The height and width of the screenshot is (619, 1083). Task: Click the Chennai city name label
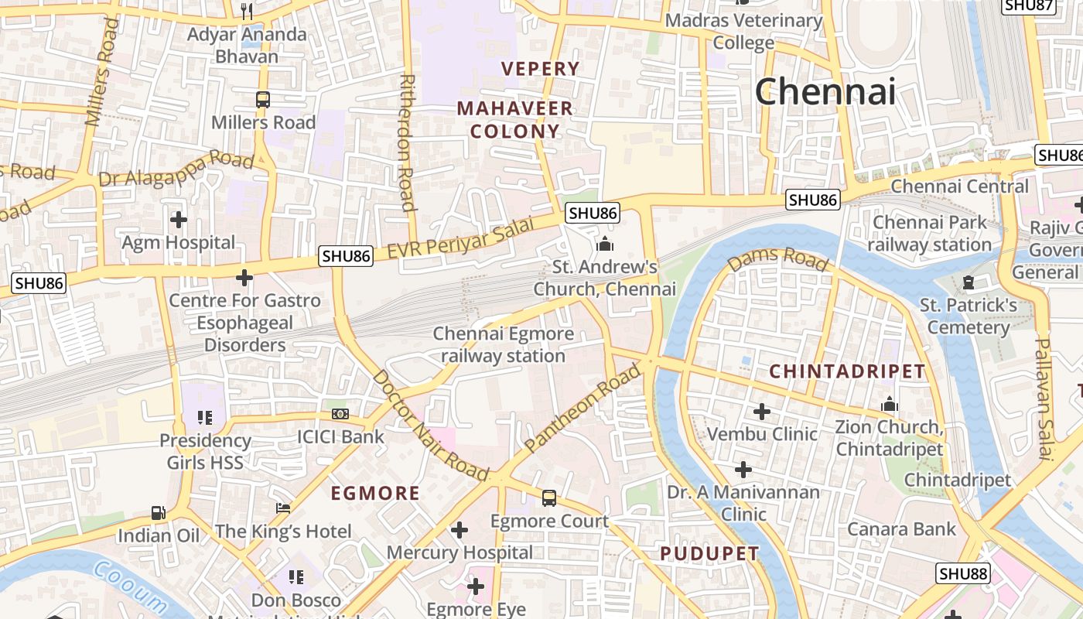[x=825, y=91]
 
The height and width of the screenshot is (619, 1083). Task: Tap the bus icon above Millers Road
[x=263, y=99]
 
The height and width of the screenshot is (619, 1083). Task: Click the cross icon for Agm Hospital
[x=179, y=220]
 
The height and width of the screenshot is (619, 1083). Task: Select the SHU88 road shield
[x=963, y=573]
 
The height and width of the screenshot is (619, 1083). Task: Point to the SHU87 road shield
[x=1028, y=5]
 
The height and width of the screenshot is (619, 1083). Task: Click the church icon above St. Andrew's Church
[x=605, y=245]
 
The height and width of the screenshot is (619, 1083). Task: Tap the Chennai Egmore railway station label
[x=503, y=345]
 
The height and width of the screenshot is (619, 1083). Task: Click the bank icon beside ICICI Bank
[x=340, y=414]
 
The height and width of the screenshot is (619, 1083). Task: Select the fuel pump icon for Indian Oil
[x=158, y=512]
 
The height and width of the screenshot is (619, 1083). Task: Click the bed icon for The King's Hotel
[x=283, y=508]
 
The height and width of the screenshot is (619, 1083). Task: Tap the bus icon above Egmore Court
[x=549, y=498]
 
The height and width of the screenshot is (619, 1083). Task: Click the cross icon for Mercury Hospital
[x=460, y=530]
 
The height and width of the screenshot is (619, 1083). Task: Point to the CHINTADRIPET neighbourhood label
[x=847, y=371]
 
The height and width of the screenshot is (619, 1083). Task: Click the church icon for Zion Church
[x=890, y=405]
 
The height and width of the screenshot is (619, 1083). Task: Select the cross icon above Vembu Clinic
[x=762, y=411]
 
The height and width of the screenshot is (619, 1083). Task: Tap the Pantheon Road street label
[x=583, y=409]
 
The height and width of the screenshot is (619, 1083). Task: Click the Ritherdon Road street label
[x=408, y=142]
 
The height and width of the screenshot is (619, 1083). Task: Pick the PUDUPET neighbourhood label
[x=709, y=554]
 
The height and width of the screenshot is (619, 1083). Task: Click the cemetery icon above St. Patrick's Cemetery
[x=968, y=282]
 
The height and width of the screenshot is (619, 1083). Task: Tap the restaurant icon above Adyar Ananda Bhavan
[x=247, y=11]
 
